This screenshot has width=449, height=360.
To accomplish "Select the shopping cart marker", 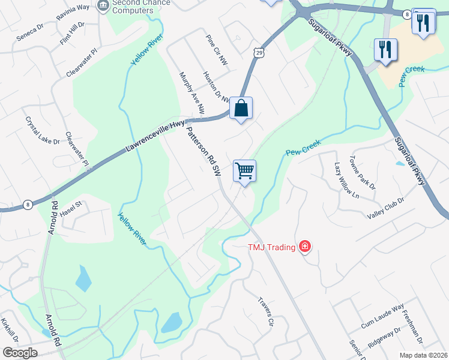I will point(244,170).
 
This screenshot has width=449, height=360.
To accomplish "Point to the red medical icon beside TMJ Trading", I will point(305,246).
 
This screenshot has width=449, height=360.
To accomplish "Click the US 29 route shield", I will point(257,53).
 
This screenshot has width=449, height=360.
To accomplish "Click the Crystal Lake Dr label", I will point(42,130).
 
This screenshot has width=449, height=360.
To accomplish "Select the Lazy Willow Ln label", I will point(346,181).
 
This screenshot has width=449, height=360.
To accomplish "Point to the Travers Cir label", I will point(265,311).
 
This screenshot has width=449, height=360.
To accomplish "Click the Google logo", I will point(20,353).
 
